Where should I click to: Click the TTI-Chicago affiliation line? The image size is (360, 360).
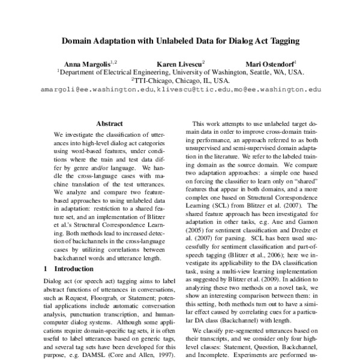coord(180,79)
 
